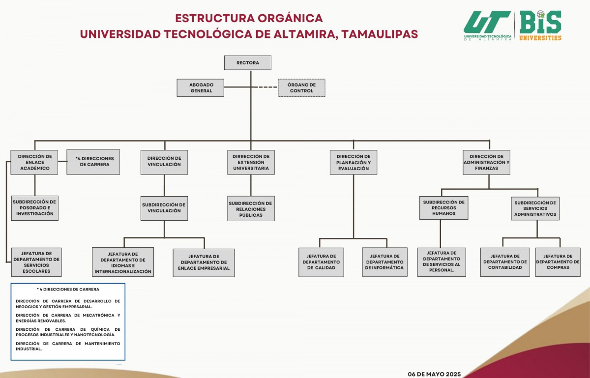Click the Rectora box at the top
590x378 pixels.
click(248, 63)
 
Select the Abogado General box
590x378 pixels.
click(201, 88)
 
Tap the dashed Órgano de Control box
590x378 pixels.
click(301, 88)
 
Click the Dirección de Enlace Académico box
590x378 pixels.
click(34, 162)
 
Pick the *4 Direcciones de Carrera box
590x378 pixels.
click(93, 162)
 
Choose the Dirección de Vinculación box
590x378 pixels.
click(164, 162)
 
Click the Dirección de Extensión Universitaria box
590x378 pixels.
click(251, 162)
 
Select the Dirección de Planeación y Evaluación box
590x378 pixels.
click(354, 162)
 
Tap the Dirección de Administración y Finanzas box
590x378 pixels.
click(487, 162)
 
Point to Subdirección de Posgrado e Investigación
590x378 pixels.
click(34, 208)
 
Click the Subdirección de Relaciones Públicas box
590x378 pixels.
click(251, 208)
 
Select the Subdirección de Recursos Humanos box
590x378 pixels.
click(443, 208)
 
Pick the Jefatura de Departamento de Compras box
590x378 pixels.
click(558, 262)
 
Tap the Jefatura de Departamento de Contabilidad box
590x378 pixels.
click(505, 262)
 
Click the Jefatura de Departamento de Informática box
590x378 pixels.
click(384, 262)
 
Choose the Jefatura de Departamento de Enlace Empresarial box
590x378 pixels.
click(204, 262)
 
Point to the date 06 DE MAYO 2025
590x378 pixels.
click(434, 374)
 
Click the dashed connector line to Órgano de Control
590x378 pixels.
click(268, 87)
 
